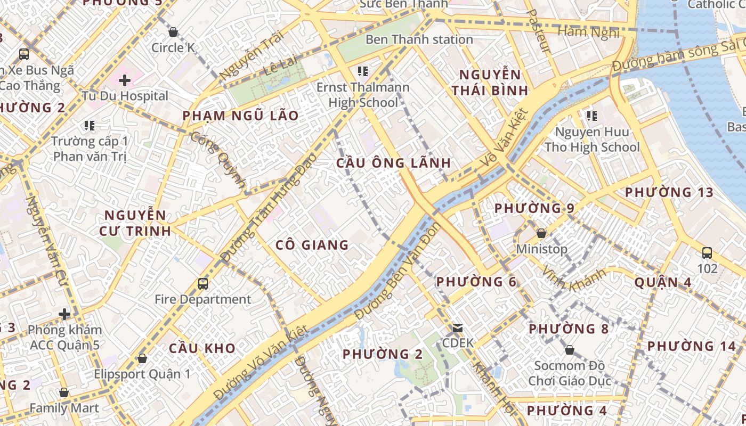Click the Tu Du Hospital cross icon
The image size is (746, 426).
coord(125,80)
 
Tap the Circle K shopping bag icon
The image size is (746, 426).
coord(173,32)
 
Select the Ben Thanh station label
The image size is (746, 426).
coord(419,39)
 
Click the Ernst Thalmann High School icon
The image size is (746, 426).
coord(363,71)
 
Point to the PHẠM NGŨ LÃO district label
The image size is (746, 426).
coord(240,116)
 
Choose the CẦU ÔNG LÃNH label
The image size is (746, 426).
coord(394,163)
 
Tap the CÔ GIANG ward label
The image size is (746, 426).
coord(312,245)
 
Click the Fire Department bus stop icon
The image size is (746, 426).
coord(203,283)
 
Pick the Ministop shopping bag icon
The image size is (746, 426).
coord(541,233)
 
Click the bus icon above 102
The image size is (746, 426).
coord(707,252)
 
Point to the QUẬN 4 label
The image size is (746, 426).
coord(663,282)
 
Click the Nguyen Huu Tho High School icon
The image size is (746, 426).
coord(591,116)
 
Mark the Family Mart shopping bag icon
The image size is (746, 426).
coord(64,392)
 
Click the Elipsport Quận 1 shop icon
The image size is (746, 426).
coord(142,358)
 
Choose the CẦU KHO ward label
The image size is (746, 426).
coord(202,348)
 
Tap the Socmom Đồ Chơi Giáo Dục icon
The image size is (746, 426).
coord(570,350)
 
